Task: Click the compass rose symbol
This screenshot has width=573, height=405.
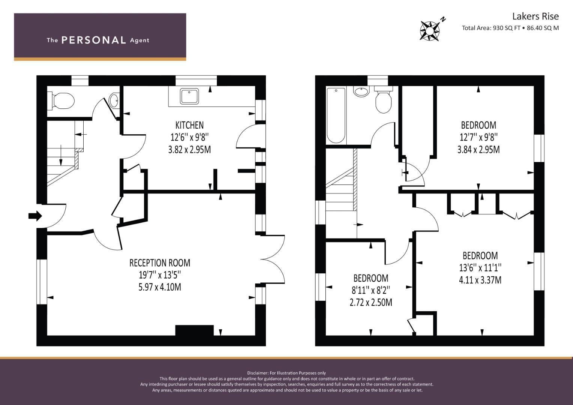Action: click(430, 31)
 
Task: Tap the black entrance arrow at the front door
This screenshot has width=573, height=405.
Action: click(35, 216)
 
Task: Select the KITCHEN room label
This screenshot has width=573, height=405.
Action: click(189, 125)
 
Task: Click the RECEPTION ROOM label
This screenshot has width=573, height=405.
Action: click(160, 263)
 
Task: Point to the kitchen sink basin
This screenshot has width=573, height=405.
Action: click(189, 96)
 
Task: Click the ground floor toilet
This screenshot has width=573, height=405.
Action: click(63, 100)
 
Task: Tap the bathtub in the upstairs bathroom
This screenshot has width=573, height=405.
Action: click(336, 115)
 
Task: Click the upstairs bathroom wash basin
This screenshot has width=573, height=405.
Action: click(361, 91)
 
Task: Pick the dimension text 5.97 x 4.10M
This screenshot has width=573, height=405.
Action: click(160, 287)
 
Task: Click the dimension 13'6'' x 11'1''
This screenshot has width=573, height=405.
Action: click(480, 268)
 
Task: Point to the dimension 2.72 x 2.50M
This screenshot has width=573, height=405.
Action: click(371, 303)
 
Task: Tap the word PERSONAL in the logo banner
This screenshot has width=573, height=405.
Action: click(94, 40)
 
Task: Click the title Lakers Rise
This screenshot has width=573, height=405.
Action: click(535, 16)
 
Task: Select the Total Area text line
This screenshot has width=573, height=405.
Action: click(510, 28)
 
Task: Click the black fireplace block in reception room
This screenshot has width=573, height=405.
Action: click(194, 330)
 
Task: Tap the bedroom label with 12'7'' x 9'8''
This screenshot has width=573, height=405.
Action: click(478, 125)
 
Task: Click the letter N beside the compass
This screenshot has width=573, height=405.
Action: click(443, 19)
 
